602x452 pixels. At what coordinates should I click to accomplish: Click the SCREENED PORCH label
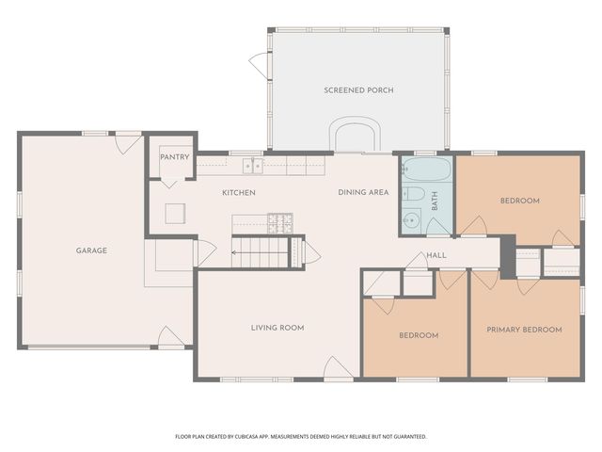tap(358, 90)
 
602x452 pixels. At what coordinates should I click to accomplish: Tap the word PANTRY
tap(175, 157)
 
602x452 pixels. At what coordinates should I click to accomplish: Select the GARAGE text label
tap(91, 250)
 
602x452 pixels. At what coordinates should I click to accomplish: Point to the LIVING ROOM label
tap(277, 328)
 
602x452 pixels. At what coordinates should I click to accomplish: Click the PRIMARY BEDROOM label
tap(524, 330)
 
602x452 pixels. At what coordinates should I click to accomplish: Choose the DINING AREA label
tap(363, 192)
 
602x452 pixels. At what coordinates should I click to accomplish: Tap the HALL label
tap(436, 255)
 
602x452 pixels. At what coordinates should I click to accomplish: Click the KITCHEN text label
tap(238, 192)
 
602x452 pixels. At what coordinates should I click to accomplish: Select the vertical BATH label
tap(435, 201)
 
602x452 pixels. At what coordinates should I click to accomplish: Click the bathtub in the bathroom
tap(426, 171)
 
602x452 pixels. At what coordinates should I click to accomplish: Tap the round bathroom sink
tap(409, 222)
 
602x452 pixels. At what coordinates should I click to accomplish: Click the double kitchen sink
tap(252, 167)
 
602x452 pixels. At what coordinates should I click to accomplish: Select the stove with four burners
tap(280, 223)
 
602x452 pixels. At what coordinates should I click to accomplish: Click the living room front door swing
tap(334, 368)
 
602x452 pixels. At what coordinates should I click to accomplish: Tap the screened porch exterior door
tap(258, 64)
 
